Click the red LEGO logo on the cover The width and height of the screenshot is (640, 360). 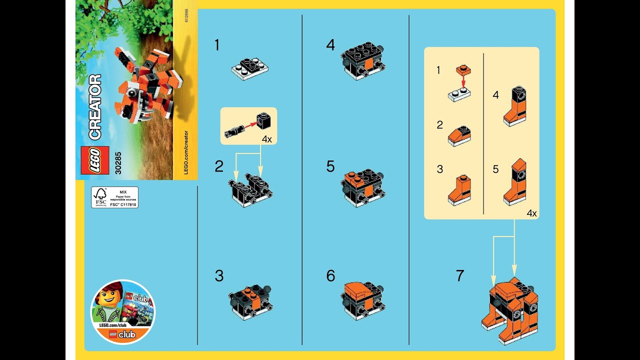click(94, 160)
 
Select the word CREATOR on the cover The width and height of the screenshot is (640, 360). click(94, 107)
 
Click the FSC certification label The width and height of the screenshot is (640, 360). click(114, 197)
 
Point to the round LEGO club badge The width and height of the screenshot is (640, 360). click(122, 312)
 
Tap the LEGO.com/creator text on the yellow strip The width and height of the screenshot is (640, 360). click(185, 152)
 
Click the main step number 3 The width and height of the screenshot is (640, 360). click(219, 276)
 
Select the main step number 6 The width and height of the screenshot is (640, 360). click(330, 276)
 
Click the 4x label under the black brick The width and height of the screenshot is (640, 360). click(267, 139)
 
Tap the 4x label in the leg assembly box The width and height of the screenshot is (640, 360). click(531, 213)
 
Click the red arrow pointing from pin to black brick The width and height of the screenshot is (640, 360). click(248, 126)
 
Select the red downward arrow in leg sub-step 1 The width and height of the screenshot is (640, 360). click(463, 81)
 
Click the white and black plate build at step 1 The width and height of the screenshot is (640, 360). click(250, 68)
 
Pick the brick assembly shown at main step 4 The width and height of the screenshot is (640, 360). click(363, 60)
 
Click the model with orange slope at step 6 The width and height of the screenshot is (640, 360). click(362, 300)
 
